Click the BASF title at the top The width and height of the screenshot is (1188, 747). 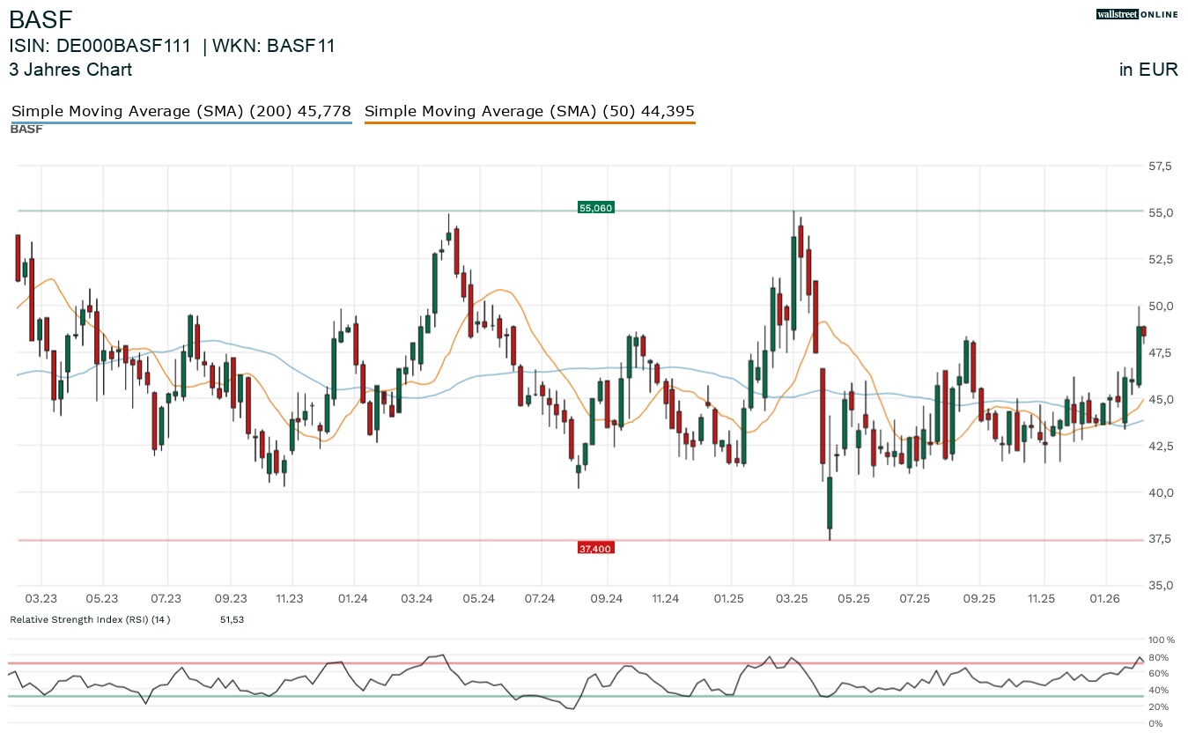41,19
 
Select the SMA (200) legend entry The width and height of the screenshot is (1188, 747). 181,112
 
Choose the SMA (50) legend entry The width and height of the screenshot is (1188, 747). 529,112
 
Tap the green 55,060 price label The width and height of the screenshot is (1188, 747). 595,208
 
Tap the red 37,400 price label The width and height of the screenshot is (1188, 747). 594,549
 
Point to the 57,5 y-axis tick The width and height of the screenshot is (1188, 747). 1160,166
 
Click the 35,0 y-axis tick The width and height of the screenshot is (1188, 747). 1160,586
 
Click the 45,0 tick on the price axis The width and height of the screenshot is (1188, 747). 1160,399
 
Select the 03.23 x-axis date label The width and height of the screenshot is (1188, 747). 41,599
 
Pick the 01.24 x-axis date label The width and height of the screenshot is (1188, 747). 352,599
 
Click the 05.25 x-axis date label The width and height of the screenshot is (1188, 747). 853,599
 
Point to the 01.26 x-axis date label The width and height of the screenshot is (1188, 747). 1103,599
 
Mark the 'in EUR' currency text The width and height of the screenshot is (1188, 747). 1148,70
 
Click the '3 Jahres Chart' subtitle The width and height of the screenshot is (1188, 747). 70,70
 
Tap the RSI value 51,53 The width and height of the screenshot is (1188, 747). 232,620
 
